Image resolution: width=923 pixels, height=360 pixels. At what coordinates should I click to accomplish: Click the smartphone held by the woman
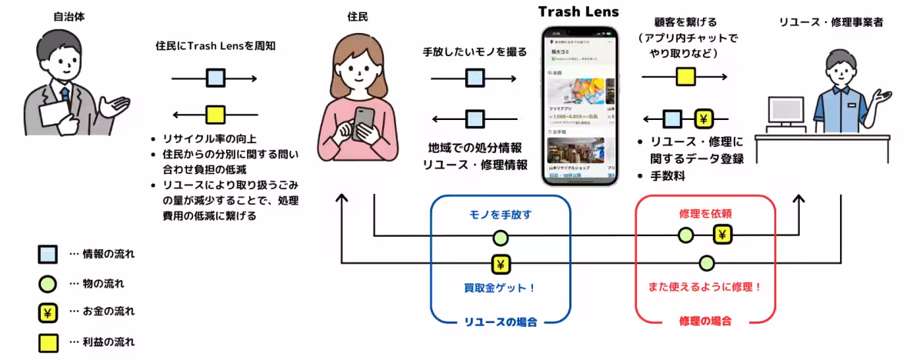tap(365, 122)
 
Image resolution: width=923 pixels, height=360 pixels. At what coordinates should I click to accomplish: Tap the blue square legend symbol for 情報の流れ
tap(48, 255)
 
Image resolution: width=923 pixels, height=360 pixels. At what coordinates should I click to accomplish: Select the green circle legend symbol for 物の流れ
tap(48, 284)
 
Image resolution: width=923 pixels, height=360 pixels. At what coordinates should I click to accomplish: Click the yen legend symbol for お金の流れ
tap(48, 312)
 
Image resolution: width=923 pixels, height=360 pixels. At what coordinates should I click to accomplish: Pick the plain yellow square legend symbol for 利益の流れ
tap(48, 341)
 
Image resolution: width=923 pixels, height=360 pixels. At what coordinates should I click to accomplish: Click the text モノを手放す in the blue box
tap(500, 215)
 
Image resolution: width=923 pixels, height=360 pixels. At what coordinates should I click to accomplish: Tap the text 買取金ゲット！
tap(500, 289)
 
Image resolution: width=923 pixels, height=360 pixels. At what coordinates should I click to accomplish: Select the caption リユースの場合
tap(500, 321)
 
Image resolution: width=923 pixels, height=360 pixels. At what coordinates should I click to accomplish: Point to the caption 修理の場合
tap(705, 321)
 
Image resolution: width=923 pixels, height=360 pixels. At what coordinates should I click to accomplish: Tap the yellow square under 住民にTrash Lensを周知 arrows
tap(215, 115)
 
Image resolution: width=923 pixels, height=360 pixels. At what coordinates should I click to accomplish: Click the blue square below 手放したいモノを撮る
tap(475, 78)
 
